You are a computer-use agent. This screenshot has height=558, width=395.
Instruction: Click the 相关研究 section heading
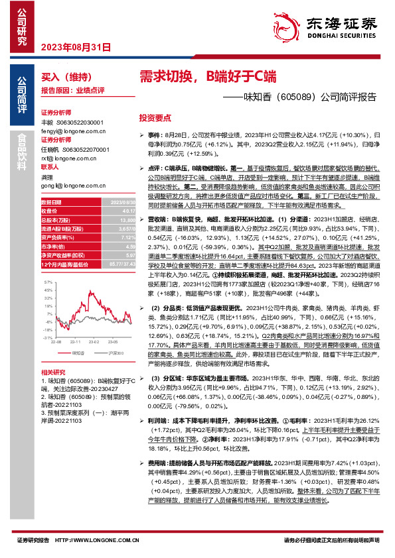53,372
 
